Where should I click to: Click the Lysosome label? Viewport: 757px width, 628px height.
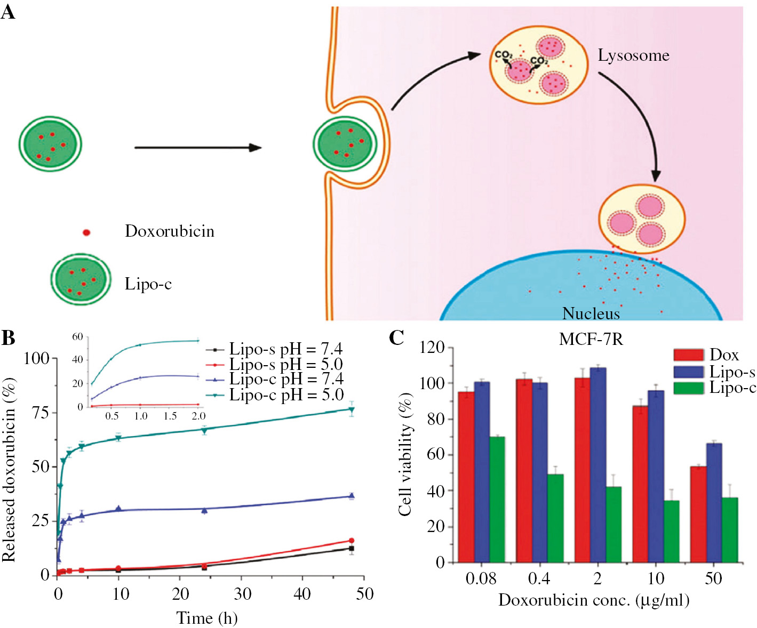[x=633, y=55]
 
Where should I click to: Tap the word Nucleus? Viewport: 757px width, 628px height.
[x=591, y=313]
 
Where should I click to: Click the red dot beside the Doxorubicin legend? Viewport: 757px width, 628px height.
[x=86, y=232]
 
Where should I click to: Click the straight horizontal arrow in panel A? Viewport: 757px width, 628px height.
[x=197, y=148]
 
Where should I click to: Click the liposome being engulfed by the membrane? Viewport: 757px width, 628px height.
[x=345, y=144]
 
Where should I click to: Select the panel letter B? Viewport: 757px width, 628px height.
[x=8, y=338]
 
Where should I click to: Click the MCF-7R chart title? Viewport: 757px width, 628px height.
[x=591, y=339]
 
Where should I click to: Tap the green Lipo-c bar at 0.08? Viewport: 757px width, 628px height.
[x=497, y=499]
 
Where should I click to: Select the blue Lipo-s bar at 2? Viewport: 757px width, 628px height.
[x=598, y=464]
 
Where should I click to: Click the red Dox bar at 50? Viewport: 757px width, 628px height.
[x=698, y=514]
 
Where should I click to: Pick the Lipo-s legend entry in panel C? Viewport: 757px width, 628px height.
[x=715, y=372]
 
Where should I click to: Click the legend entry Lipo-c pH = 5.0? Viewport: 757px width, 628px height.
[x=286, y=395]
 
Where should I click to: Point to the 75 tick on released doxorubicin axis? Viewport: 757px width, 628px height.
[x=40, y=413]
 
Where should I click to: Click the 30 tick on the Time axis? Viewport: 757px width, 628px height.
[x=242, y=593]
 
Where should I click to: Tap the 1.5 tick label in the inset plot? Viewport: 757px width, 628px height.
[x=170, y=416]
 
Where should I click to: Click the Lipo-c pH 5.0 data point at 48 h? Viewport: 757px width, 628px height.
[x=351, y=409]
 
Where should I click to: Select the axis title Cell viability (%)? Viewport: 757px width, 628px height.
[x=405, y=455]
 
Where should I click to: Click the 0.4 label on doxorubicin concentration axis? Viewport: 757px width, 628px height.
[x=539, y=578]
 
